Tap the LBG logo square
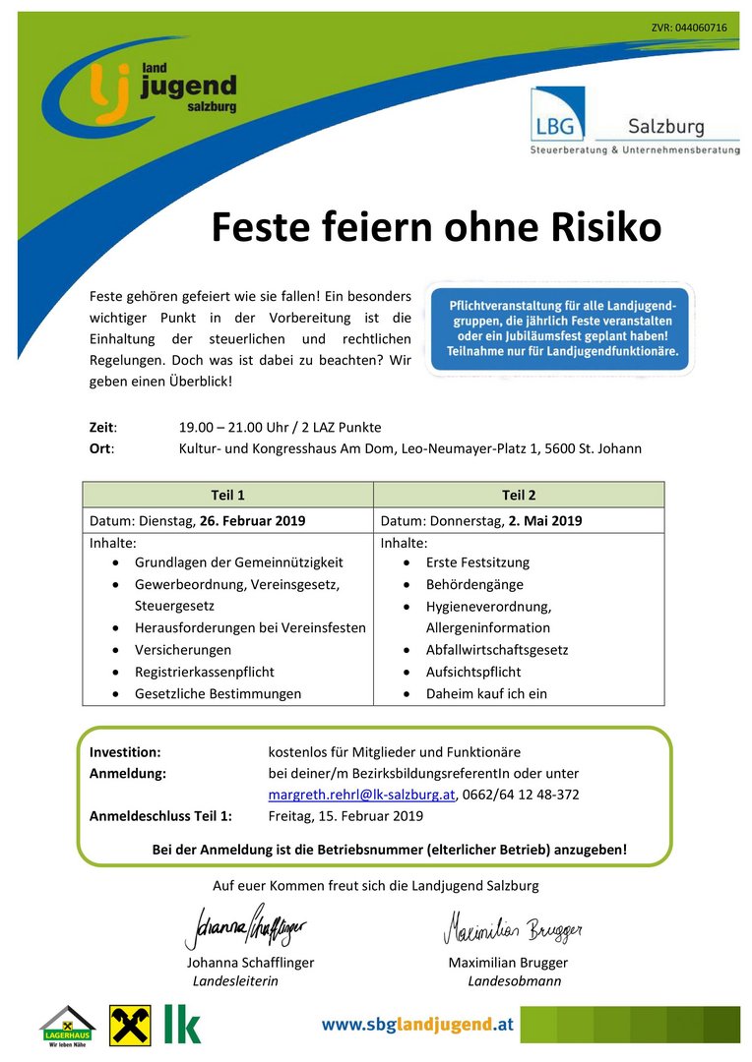pyautogui.click(x=557, y=114)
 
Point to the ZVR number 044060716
pyautogui.click(x=689, y=28)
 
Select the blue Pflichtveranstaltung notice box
pyautogui.click(x=559, y=328)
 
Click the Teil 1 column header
pyautogui.click(x=227, y=495)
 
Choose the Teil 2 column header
pyautogui.click(x=519, y=495)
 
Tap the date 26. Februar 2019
pyautogui.click(x=252, y=520)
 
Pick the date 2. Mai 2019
pyautogui.click(x=545, y=520)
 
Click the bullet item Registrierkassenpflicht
pyautogui.click(x=204, y=672)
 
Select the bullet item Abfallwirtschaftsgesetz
pyautogui.click(x=496, y=650)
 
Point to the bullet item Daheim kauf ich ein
pyautogui.click(x=486, y=693)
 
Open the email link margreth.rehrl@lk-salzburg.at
pyautogui.click(x=361, y=794)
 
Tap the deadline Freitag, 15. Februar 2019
pyautogui.click(x=345, y=815)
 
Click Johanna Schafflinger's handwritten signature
pyautogui.click(x=245, y=926)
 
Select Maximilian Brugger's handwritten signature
pyautogui.click(x=512, y=926)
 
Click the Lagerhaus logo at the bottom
pyautogui.click(x=67, y=1026)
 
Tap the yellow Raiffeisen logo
pyautogui.click(x=130, y=1025)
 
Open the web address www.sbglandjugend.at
pyautogui.click(x=417, y=1025)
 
